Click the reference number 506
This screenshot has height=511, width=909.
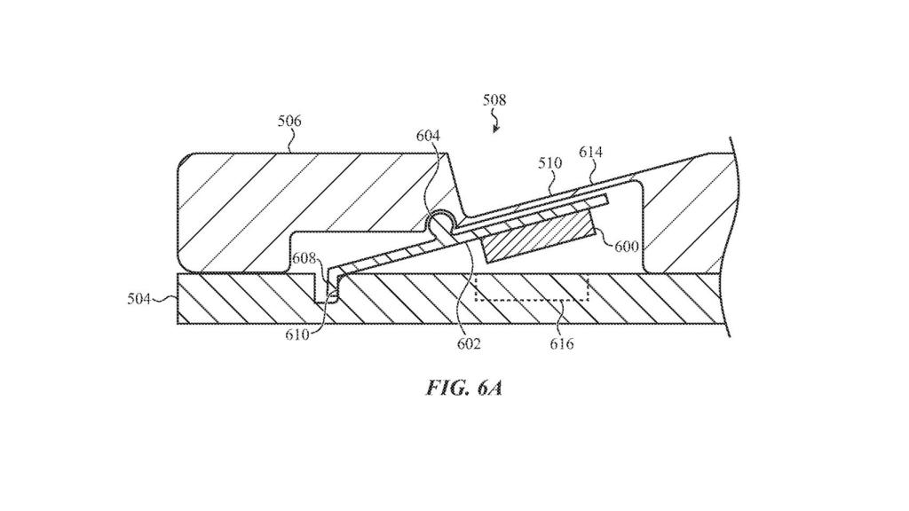(x=289, y=121)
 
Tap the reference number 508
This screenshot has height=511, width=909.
(x=494, y=100)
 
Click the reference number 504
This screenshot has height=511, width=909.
(x=139, y=300)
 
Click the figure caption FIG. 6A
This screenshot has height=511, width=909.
(x=462, y=388)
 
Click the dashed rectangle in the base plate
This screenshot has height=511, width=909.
(x=532, y=289)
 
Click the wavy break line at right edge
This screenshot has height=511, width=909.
(x=730, y=240)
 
